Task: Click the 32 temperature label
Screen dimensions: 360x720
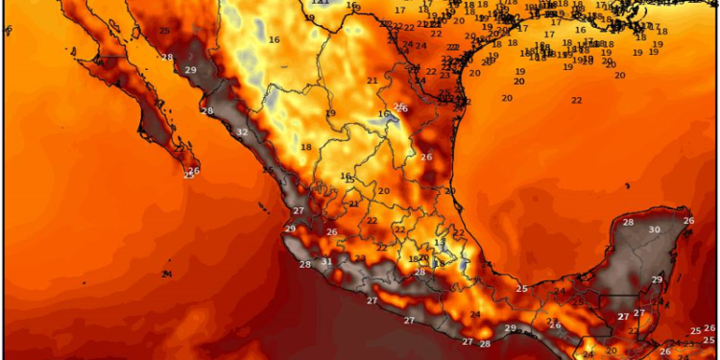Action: pos(242,132)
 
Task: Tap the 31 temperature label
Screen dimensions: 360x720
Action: pos(326,262)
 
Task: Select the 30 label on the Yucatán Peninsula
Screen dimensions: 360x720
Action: pos(655,230)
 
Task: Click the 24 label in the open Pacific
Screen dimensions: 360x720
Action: pos(167,276)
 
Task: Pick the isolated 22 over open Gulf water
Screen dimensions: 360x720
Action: pos(577,101)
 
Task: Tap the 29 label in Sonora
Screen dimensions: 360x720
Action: pos(190,70)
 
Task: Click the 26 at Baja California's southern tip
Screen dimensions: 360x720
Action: pos(194,171)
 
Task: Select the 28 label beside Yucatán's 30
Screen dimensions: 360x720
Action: pos(628,223)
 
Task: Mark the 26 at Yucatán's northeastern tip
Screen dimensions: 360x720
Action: pos(688,222)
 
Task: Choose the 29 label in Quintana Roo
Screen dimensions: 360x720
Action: pos(658,279)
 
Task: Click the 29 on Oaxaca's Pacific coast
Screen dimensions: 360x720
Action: pos(511,328)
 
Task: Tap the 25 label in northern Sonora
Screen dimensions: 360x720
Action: pos(164,32)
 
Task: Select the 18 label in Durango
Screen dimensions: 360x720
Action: pos(306,147)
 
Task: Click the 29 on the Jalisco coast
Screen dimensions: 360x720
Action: pos(290,229)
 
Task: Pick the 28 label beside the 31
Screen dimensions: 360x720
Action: pos(305,265)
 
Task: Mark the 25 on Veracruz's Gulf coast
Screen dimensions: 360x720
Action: pos(522,289)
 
